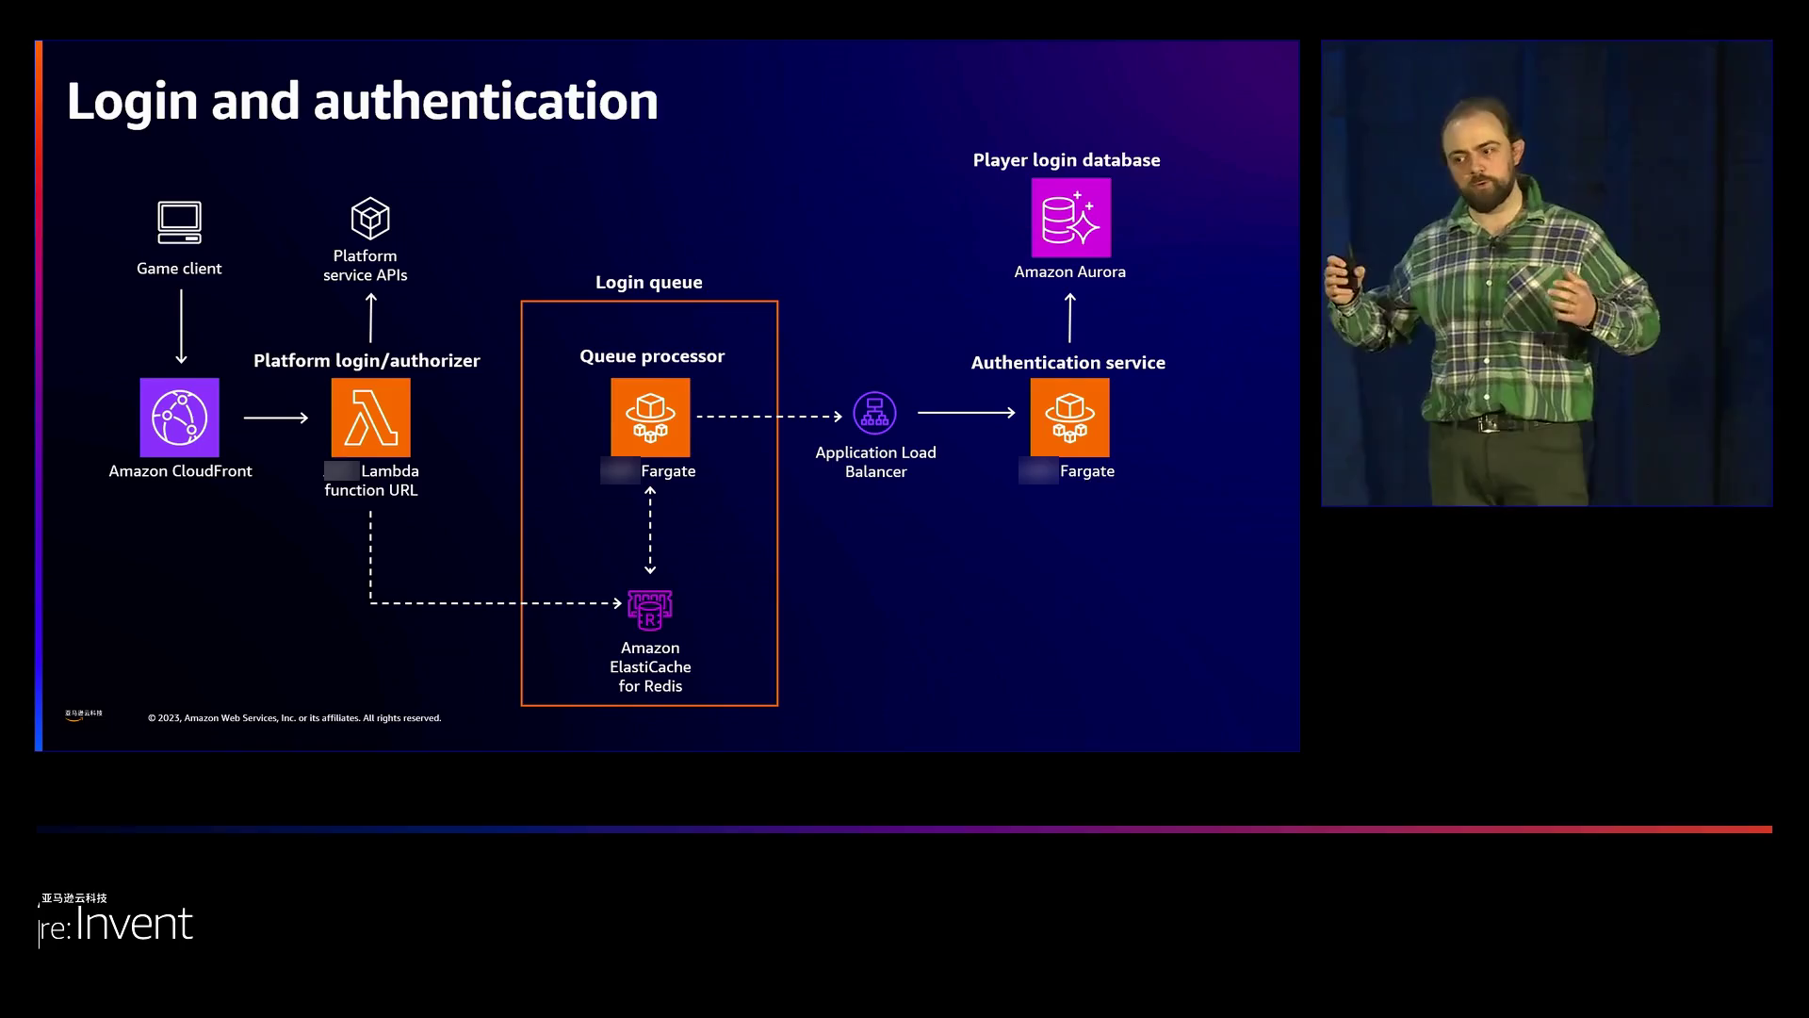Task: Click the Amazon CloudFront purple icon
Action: [179, 418]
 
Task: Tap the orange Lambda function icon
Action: [370, 418]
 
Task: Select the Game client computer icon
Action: [179, 222]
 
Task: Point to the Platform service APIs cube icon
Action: [370, 219]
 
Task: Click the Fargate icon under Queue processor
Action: [650, 418]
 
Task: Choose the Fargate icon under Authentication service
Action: [1069, 418]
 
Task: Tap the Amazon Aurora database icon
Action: [1070, 218]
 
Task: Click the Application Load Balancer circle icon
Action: [874, 413]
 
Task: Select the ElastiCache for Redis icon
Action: [650, 610]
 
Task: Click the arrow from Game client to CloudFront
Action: [181, 326]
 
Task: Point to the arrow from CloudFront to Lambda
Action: [275, 418]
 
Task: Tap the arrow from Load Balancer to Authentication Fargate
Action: [966, 413]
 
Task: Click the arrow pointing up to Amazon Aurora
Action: [1069, 318]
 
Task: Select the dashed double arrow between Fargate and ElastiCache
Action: [650, 531]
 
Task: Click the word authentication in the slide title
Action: [485, 101]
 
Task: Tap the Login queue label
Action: [648, 282]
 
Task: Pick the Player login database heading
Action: [1066, 160]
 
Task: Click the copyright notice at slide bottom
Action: [294, 718]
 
